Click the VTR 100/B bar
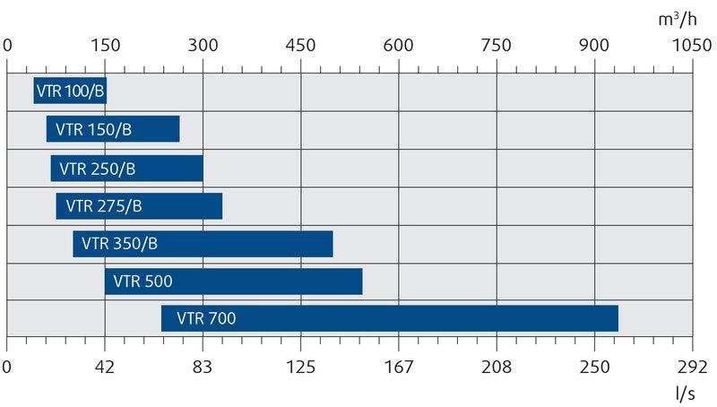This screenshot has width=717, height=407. tap(70, 91)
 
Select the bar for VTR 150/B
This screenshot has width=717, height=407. tap(113, 129)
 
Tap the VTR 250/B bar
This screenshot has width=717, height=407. tap(126, 168)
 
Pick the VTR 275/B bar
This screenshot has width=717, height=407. tap(139, 206)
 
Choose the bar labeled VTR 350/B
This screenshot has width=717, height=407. tap(203, 244)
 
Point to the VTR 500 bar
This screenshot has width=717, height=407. tap(233, 281)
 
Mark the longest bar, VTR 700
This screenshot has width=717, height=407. tap(389, 318)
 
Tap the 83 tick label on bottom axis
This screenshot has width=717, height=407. tap(203, 366)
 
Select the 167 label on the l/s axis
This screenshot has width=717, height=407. tap(398, 366)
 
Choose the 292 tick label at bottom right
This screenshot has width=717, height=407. tap(692, 366)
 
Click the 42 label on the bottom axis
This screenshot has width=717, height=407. tap(105, 366)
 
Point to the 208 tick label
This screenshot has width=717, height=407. tap(497, 366)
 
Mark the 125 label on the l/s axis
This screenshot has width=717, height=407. tap(301, 366)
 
